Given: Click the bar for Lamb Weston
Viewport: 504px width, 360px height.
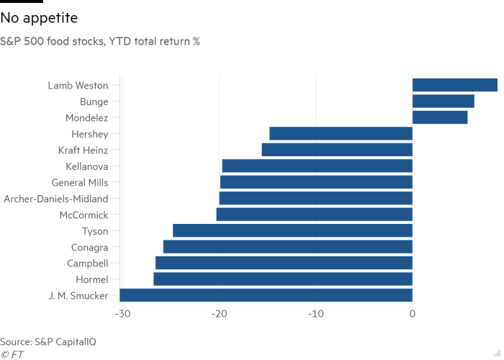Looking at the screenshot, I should pyautogui.click(x=454, y=85).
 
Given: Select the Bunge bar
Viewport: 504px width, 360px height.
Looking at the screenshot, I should pyautogui.click(x=443, y=102).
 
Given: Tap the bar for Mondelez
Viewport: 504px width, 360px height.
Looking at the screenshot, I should pyautogui.click(x=440, y=117).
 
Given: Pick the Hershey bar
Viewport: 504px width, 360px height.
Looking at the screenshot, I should pyautogui.click(x=341, y=134).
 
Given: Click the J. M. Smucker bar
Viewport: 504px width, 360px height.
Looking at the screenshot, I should pyautogui.click(x=266, y=295).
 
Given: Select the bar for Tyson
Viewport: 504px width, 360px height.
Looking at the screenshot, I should pyautogui.click(x=292, y=230).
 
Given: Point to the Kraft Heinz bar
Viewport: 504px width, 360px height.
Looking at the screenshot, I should pyautogui.click(x=336, y=150).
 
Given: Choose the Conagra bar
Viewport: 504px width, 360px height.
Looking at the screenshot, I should pyautogui.click(x=287, y=247).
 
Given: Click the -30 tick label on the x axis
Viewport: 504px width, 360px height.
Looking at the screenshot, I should pyautogui.click(x=122, y=314).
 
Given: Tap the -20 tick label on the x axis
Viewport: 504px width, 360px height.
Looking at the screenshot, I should pyautogui.click(x=219, y=314).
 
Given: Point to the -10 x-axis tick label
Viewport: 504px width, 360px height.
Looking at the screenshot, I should pyautogui.click(x=315, y=314).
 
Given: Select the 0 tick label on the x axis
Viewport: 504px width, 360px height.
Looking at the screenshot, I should pyautogui.click(x=412, y=314).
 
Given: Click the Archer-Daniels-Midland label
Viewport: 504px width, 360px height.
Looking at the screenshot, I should pyautogui.click(x=56, y=199).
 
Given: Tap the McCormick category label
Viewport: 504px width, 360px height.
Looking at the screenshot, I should pyautogui.click(x=84, y=215).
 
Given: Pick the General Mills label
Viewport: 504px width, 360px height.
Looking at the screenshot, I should pyautogui.click(x=80, y=182).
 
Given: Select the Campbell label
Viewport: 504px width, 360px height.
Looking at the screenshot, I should pyautogui.click(x=88, y=263).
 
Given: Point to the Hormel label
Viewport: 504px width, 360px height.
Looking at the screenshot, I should pyautogui.click(x=91, y=279).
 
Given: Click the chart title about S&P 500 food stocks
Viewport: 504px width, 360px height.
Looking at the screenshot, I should pyautogui.click(x=100, y=41).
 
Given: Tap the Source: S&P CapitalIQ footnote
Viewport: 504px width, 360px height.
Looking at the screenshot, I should pyautogui.click(x=48, y=341).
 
